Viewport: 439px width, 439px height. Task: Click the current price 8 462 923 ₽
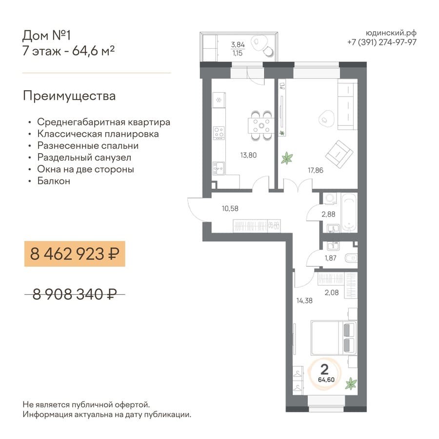coord(75,254)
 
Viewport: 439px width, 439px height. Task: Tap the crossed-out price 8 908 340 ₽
coord(75,294)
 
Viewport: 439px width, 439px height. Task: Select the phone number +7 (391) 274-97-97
coord(382,42)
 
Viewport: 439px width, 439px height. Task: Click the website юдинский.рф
coord(391,33)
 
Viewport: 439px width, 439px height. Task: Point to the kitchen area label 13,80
coord(248,155)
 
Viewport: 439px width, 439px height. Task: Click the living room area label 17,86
coord(316,170)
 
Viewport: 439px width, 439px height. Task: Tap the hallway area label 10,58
coord(230,208)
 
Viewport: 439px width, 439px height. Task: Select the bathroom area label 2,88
coord(328,214)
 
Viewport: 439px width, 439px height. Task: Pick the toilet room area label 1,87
coord(330,258)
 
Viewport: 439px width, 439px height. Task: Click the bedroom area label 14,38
coord(304,300)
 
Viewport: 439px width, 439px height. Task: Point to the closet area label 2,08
coord(332,293)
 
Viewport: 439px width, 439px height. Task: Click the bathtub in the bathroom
coord(349,213)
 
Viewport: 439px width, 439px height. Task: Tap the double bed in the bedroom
coord(334,338)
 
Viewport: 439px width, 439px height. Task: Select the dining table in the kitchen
coord(261,126)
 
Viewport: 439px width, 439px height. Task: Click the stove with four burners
coord(219,133)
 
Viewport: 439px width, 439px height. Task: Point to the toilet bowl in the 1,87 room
coord(352,258)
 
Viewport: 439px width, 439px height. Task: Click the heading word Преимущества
coord(69,96)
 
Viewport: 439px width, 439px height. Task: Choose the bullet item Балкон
coord(54,181)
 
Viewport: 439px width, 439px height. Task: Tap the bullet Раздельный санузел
coord(84,158)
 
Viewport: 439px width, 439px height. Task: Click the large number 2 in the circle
coord(324,370)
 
